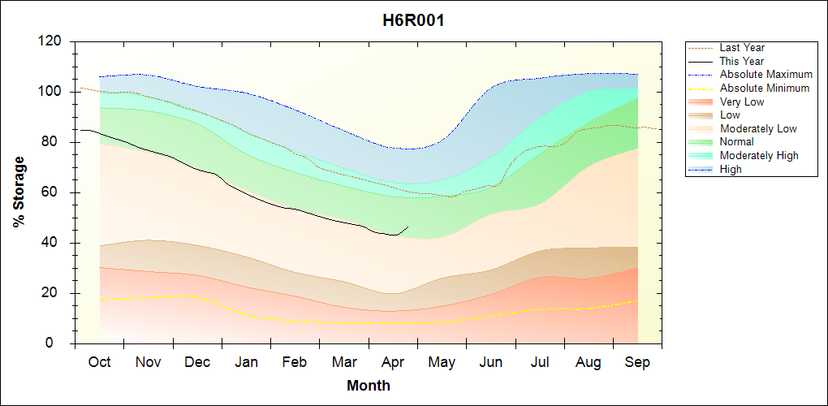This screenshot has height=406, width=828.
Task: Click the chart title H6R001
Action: (413, 20)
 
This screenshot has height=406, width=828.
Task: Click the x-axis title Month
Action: (369, 386)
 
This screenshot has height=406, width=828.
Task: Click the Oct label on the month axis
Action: (99, 362)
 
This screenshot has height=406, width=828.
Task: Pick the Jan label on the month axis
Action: (247, 362)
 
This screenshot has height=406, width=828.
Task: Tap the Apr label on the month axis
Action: (393, 362)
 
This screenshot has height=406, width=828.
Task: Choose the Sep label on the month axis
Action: (637, 362)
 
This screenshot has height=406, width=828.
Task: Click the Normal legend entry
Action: (736, 142)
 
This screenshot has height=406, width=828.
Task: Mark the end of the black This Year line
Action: (408, 227)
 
